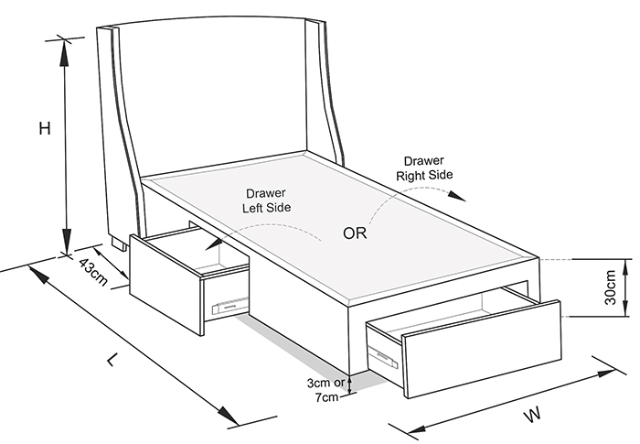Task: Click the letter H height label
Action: (x=45, y=128)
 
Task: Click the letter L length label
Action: (x=113, y=360)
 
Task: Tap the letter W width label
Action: (x=533, y=415)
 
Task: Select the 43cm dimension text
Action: (x=93, y=272)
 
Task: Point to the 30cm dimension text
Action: (x=610, y=287)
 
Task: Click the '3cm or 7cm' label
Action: (x=326, y=390)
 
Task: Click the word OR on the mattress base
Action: (x=355, y=233)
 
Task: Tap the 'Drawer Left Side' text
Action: (x=267, y=200)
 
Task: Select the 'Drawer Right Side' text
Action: (x=424, y=168)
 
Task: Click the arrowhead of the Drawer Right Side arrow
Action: (x=457, y=196)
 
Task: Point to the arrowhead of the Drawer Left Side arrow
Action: (x=213, y=244)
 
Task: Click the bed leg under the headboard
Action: (x=120, y=244)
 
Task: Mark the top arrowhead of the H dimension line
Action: (x=64, y=53)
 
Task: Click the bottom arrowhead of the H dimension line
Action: (x=66, y=241)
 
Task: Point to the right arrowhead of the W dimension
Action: (x=606, y=374)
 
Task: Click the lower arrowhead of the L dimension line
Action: (x=228, y=416)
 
